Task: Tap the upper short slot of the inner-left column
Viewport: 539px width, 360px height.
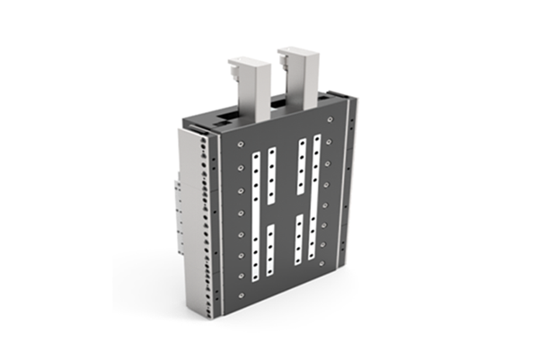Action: tap(272, 176)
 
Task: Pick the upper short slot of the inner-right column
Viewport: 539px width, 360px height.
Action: tap(302, 167)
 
